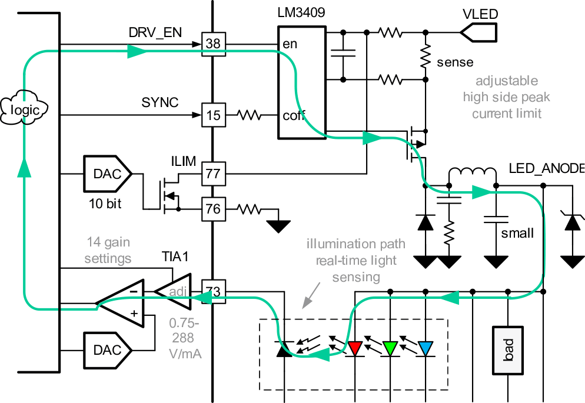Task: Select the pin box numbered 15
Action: (213, 115)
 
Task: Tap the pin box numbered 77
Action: (213, 174)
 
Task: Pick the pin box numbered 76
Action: (213, 208)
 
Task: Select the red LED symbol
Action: (354, 348)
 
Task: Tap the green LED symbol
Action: (390, 348)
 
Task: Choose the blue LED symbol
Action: (425, 348)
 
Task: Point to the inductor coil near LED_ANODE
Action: (473, 175)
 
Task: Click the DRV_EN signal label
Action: (155, 33)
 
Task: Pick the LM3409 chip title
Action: (301, 12)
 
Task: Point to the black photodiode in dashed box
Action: (284, 349)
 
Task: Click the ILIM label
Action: (186, 160)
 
